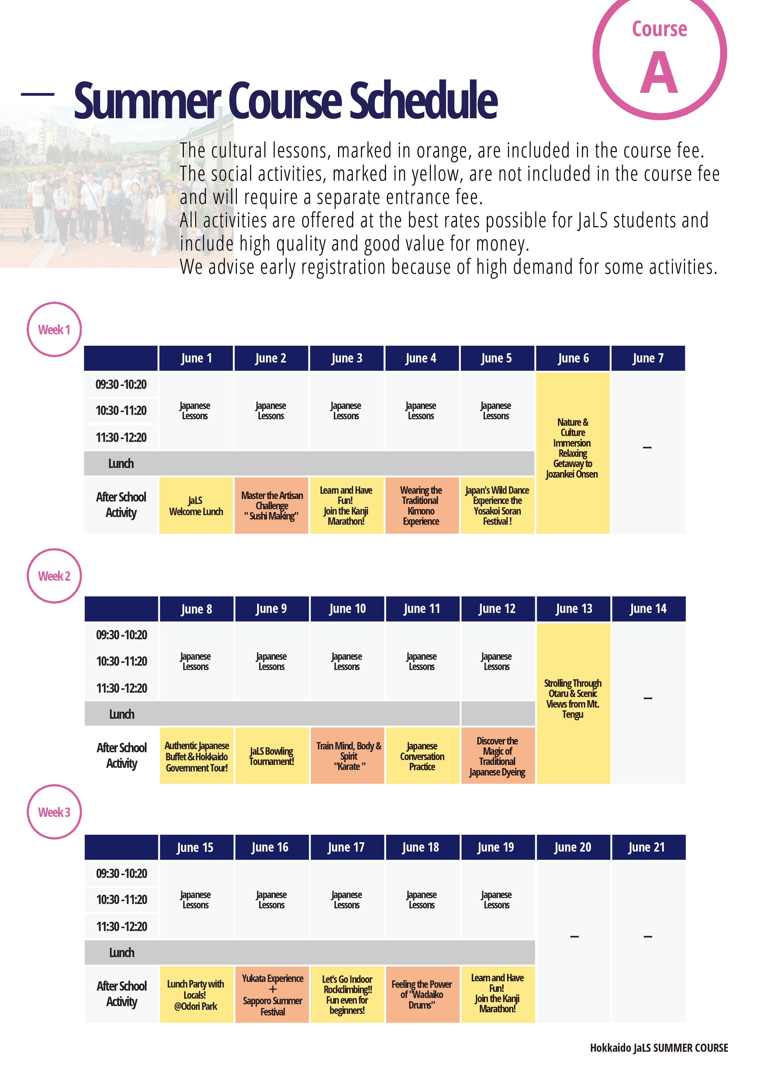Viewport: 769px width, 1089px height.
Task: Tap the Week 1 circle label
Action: tap(54, 329)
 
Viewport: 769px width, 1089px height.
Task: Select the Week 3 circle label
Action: tap(54, 812)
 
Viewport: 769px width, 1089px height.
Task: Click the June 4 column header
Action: tap(421, 358)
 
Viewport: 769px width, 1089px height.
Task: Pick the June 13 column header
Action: tap(573, 609)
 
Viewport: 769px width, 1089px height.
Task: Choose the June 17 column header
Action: tap(346, 847)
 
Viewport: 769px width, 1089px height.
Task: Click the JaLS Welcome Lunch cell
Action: tap(196, 506)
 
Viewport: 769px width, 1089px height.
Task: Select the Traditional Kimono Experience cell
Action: tap(421, 506)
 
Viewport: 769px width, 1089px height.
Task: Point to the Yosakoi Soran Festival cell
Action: tap(497, 506)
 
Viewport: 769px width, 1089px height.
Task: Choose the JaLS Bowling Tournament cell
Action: tap(272, 756)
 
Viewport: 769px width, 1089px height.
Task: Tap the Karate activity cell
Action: tap(347, 756)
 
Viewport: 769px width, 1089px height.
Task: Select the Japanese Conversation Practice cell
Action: tap(422, 756)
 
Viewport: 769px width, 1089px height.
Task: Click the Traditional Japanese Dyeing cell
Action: tap(497, 756)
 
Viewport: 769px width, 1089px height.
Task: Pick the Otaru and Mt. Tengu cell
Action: tap(573, 699)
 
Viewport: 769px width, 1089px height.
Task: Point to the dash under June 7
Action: tap(647, 447)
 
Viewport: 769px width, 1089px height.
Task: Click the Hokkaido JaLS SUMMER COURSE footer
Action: tap(659, 1048)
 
